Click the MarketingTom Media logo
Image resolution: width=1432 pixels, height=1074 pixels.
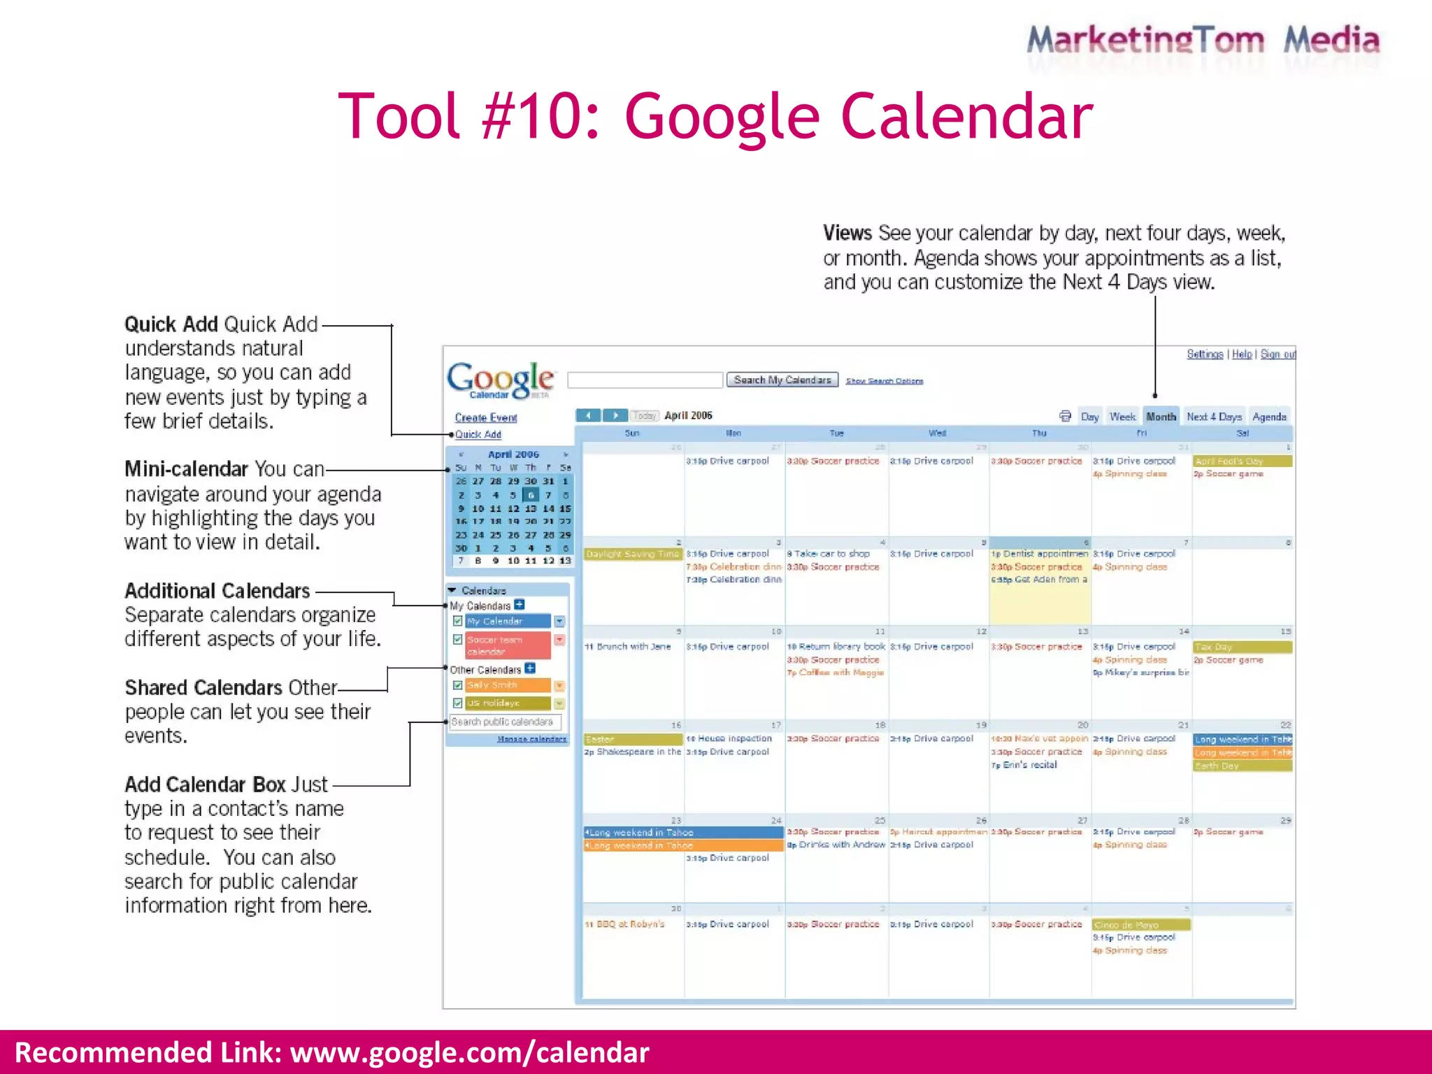pyautogui.click(x=1203, y=41)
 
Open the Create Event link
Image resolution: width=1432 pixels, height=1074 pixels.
pyautogui.click(x=486, y=417)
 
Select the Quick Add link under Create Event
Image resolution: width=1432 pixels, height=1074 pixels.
pyautogui.click(x=478, y=434)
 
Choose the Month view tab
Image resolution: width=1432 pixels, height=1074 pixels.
pyautogui.click(x=1161, y=417)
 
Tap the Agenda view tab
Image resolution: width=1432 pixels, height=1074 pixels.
pyautogui.click(x=1269, y=417)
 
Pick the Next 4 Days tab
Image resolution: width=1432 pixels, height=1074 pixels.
pyautogui.click(x=1214, y=417)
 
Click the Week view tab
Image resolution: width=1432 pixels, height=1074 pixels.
pyautogui.click(x=1122, y=417)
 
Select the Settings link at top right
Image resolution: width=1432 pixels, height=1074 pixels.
pyautogui.click(x=1205, y=355)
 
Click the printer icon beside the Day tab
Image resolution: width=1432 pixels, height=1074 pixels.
pyautogui.click(x=1065, y=416)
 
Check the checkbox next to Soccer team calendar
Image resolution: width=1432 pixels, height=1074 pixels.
pyautogui.click(x=457, y=640)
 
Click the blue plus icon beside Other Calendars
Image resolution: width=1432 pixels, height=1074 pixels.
pyautogui.click(x=530, y=668)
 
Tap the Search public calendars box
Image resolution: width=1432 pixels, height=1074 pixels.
pyautogui.click(x=505, y=722)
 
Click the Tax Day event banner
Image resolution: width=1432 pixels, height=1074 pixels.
pyautogui.click(x=1242, y=647)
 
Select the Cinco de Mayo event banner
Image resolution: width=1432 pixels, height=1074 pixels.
pyautogui.click(x=1141, y=924)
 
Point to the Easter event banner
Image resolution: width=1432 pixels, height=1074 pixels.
pyautogui.click(x=633, y=739)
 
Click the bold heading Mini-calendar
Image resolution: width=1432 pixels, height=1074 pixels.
pyautogui.click(x=186, y=468)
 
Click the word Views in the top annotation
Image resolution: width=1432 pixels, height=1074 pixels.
pyautogui.click(x=847, y=233)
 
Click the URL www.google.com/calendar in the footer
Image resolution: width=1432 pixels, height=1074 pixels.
pyautogui.click(x=470, y=1052)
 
